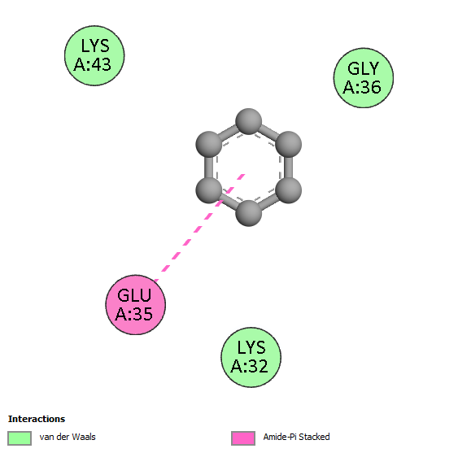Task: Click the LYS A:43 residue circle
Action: (x=94, y=55)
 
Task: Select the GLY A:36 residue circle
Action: (x=364, y=78)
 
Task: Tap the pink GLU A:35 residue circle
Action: (x=136, y=305)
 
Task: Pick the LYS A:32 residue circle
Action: (x=251, y=357)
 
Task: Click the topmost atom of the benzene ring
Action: (x=249, y=121)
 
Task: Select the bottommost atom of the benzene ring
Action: (x=249, y=213)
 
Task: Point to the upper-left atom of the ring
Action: (x=208, y=144)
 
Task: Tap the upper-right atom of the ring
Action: (x=289, y=144)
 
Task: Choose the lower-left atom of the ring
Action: (x=208, y=190)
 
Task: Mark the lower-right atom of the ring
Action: (x=289, y=190)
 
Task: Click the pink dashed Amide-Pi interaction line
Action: (x=199, y=228)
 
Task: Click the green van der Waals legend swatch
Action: (x=20, y=438)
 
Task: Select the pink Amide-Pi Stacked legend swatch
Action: (x=243, y=438)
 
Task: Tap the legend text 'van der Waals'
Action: (x=68, y=437)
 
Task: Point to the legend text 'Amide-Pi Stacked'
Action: (x=296, y=437)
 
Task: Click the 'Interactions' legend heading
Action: (x=37, y=419)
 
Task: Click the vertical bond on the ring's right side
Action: (x=289, y=168)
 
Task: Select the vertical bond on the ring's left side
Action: (x=208, y=168)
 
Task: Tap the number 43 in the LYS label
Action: (x=101, y=64)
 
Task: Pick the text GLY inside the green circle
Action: (x=364, y=69)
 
